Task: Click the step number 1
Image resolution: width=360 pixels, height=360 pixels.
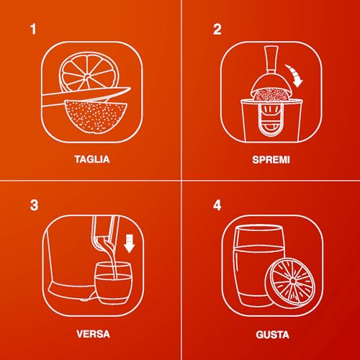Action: coord(33,29)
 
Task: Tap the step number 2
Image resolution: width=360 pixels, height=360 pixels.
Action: coord(217,30)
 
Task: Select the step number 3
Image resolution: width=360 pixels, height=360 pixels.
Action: coord(34,205)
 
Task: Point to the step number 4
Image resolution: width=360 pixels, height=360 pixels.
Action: coord(217,205)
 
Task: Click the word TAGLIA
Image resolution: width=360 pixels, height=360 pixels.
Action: coord(92,159)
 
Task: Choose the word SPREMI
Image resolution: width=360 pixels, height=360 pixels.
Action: coord(271,160)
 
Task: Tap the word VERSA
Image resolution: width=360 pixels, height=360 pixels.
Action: coord(93,334)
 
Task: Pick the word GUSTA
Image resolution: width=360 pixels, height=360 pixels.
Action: coord(272,335)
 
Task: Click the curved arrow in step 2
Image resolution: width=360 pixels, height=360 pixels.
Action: coord(294,75)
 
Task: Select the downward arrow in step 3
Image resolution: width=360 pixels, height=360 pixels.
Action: coord(130,243)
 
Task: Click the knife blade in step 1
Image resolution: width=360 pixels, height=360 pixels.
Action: coord(87,96)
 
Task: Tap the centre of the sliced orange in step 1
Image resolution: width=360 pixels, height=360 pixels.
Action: coord(87,76)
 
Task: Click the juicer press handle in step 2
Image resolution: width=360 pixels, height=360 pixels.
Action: coord(271,60)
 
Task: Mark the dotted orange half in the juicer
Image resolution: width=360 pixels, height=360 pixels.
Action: coord(271,95)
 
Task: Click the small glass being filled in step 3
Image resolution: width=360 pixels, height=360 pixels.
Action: coord(113,283)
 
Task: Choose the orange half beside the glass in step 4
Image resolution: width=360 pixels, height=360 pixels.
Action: coord(290,283)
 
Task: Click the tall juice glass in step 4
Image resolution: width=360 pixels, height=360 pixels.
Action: coord(257,266)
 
